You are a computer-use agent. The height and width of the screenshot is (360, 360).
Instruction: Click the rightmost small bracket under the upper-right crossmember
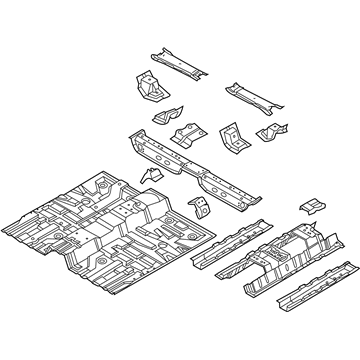(x=272, y=134)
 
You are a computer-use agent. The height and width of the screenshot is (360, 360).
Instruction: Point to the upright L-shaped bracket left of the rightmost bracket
(x=232, y=137)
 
